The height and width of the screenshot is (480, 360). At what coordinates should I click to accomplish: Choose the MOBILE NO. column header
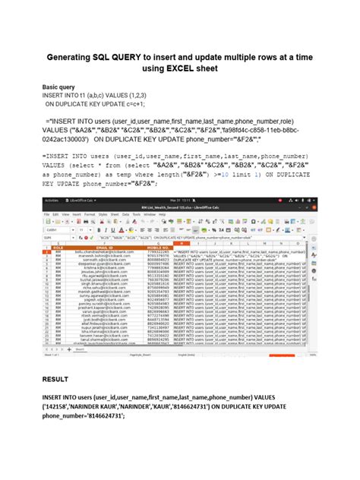point(158,247)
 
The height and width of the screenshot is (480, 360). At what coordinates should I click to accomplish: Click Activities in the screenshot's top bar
point(51,201)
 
